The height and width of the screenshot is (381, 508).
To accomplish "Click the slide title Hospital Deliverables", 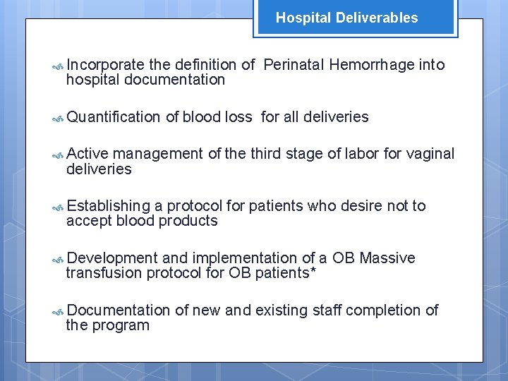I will pyautogui.click(x=346, y=18).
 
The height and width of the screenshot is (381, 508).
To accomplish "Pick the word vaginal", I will pyautogui.click(x=430, y=154).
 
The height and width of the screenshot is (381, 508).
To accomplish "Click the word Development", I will pyautogui.click(x=113, y=258).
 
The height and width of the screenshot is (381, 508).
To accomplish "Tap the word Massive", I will pyautogui.click(x=387, y=258).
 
